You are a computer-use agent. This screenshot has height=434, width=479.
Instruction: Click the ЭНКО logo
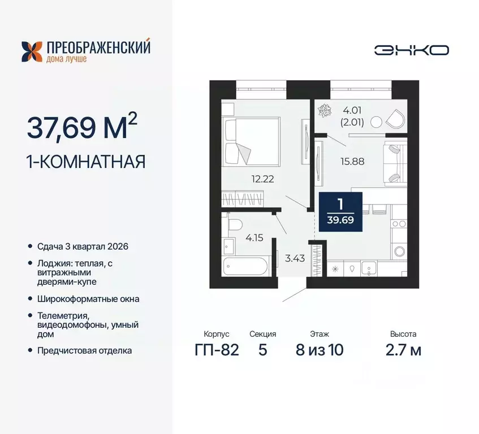coord(411,50)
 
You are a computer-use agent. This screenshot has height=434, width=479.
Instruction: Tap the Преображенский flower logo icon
coord(31,51)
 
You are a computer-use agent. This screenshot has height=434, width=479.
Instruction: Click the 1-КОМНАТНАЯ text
coord(86,162)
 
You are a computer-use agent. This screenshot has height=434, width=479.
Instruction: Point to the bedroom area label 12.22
coord(263,179)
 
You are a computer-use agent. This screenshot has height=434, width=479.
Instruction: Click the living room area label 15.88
coord(352,160)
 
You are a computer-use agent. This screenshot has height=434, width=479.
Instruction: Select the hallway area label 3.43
coord(292,259)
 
